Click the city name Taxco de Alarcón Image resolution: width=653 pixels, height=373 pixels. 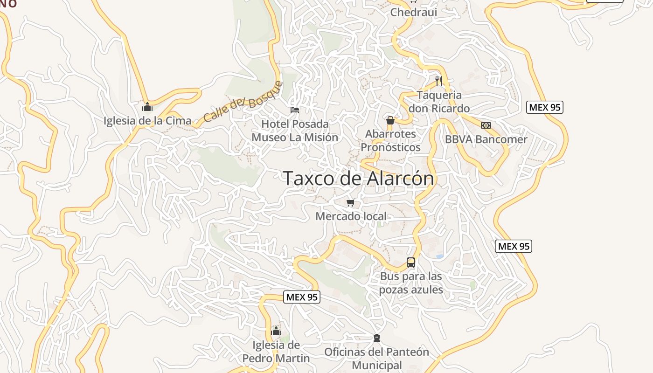tap(358, 178)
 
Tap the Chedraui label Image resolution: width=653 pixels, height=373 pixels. tap(413, 12)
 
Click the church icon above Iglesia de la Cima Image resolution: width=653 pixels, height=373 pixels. tap(147, 107)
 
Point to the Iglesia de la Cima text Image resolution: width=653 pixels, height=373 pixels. tap(147, 121)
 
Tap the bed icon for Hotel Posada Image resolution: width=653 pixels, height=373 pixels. tap(295, 110)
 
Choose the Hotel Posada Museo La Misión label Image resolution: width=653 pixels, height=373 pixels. tap(295, 131)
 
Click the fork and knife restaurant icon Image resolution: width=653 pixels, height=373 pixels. tap(438, 81)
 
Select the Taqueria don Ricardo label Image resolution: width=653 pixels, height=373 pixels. tap(439, 102)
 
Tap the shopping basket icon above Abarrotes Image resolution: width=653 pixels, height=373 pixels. tap(390, 120)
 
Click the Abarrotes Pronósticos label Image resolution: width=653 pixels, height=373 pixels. tap(390, 140)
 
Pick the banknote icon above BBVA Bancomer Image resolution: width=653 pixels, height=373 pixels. tap(486, 125)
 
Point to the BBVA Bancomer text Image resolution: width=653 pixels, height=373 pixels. tap(486, 139)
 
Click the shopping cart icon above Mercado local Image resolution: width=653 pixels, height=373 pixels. tap(351, 202)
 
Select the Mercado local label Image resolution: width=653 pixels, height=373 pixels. tap(351, 216)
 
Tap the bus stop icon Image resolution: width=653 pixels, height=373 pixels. tap(410, 262)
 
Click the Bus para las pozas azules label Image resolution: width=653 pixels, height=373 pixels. tap(410, 283)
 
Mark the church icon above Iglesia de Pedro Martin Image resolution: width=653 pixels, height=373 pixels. tap(276, 331)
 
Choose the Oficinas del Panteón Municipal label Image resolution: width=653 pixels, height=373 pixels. tap(376, 359)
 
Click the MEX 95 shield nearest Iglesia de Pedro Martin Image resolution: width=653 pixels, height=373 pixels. tap(302, 297)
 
